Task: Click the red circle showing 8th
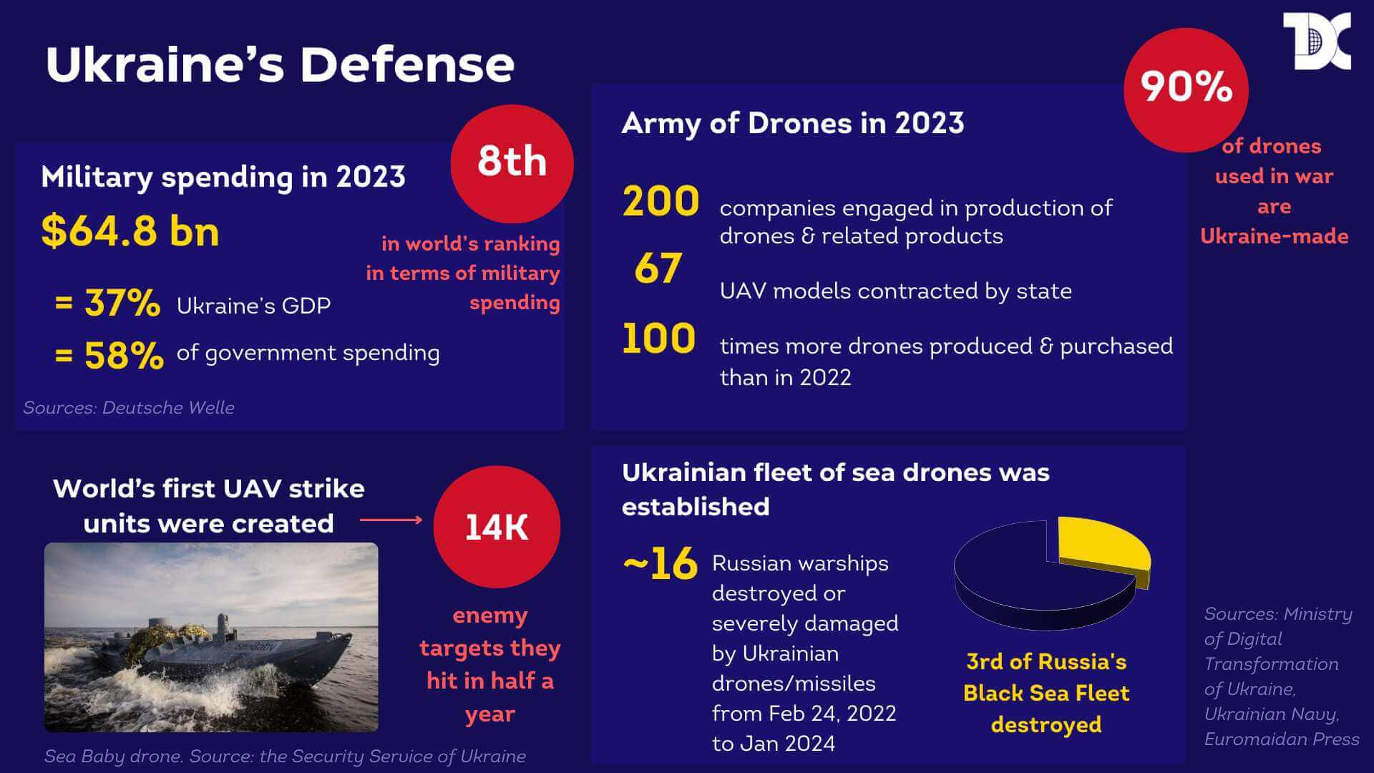pos(512,163)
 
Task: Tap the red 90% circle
pos(1186,89)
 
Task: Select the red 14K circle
pos(497,528)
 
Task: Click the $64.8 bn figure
pos(130,231)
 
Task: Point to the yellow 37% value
pos(122,303)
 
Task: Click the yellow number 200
pos(661,202)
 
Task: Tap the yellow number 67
pos(658,269)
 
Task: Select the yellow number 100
pos(658,339)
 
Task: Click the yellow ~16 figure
pos(660,564)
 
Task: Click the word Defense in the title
pos(406,64)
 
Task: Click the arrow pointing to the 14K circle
pos(391,520)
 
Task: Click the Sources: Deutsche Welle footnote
pos(129,408)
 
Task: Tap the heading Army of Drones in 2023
pos(792,123)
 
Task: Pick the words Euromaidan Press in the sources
pos(1281,739)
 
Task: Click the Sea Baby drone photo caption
pos(285,757)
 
